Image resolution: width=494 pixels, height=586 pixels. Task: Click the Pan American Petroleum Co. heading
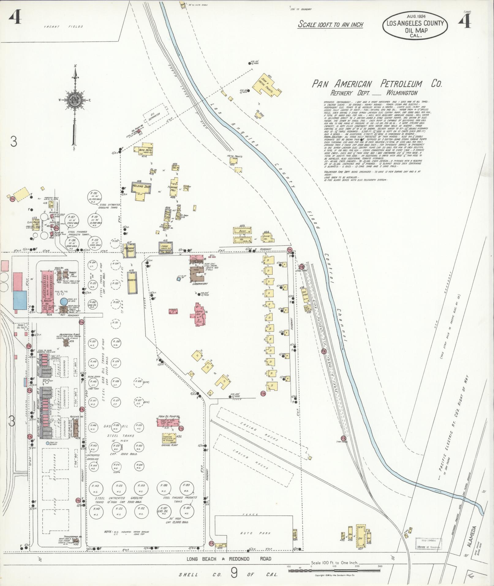(376, 84)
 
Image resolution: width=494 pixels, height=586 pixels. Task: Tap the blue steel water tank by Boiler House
(63, 302)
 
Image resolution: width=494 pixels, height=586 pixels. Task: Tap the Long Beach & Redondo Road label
(229, 559)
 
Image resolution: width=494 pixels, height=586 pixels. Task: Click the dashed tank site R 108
(138, 382)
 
